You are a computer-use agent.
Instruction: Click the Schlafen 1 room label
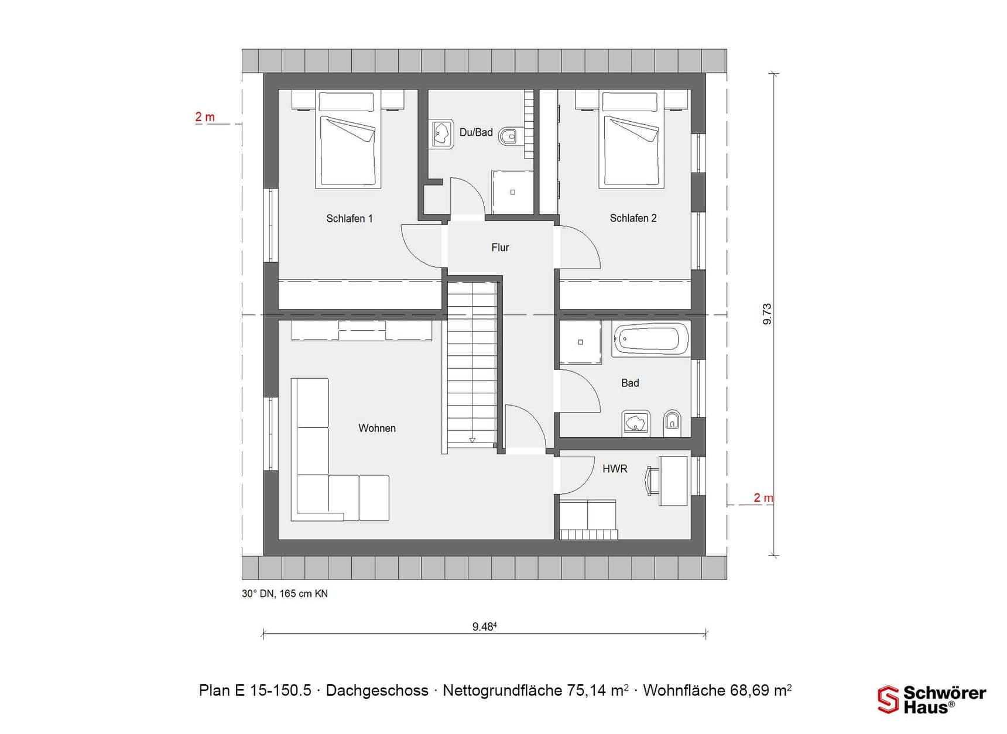(x=349, y=218)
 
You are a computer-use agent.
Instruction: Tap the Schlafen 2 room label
(x=633, y=218)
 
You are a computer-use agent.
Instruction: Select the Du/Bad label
(x=476, y=132)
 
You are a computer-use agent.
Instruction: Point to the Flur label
(x=500, y=248)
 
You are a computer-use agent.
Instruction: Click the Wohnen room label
(x=377, y=428)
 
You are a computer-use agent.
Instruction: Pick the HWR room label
(x=615, y=468)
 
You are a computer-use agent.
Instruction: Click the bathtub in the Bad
(x=650, y=338)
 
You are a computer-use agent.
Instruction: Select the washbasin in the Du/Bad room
(x=442, y=134)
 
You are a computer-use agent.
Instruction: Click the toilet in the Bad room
(x=672, y=422)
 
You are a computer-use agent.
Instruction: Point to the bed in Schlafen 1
(x=348, y=139)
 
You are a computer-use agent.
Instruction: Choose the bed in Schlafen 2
(x=631, y=139)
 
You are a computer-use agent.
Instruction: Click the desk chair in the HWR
(x=652, y=480)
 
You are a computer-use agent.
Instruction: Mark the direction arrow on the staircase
(x=472, y=439)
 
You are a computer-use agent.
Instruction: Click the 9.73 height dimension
(x=767, y=314)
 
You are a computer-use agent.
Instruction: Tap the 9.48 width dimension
(x=484, y=626)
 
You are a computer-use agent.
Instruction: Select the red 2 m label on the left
(x=205, y=117)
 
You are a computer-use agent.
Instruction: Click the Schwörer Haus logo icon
(x=888, y=699)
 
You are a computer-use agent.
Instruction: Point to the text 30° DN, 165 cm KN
(x=285, y=594)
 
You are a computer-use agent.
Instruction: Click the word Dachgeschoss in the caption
(x=377, y=691)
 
